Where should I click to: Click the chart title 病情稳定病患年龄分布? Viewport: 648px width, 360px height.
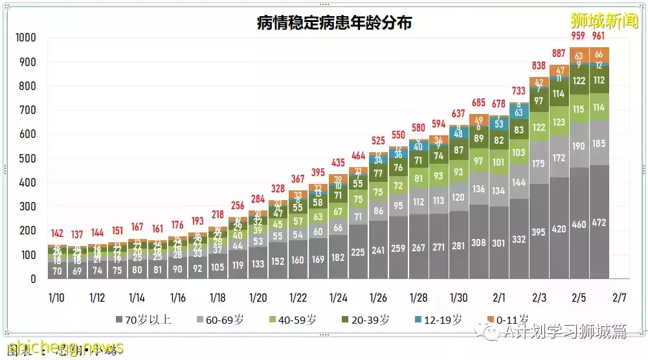(x=334, y=23)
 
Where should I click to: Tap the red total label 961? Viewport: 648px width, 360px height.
(x=599, y=35)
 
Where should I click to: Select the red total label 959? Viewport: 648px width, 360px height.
(x=579, y=35)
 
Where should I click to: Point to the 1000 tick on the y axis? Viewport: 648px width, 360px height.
(x=25, y=38)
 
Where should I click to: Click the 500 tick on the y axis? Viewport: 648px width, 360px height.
(x=28, y=159)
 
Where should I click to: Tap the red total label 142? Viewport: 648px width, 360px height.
(x=57, y=234)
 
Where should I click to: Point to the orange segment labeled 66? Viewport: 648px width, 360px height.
(x=599, y=54)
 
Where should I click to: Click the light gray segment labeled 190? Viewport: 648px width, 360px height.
(x=579, y=146)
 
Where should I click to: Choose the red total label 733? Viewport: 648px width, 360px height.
(x=519, y=91)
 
